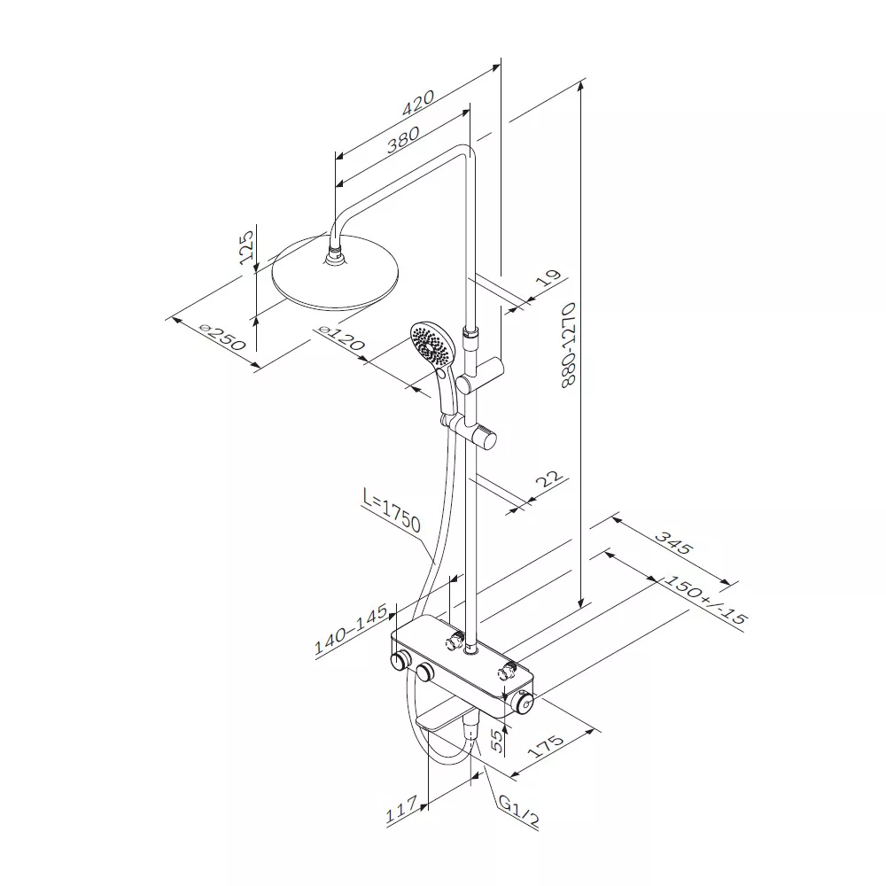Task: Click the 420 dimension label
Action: coord(418,102)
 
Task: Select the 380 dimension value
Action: coord(403,139)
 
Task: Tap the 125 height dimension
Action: coord(245,247)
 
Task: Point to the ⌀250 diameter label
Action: coord(223,338)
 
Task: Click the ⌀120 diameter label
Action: coord(341,338)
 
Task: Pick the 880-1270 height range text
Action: coord(568,345)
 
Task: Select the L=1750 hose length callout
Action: coord(392,511)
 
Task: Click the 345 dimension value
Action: coord(673,541)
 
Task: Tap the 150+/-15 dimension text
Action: coord(704,600)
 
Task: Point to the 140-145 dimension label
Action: coord(351,629)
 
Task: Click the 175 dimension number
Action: coord(546,746)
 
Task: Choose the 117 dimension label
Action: coord(401,809)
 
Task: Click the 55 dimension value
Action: coord(496,740)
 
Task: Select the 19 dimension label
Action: coord(548,277)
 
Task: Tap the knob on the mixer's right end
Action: coord(523,703)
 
